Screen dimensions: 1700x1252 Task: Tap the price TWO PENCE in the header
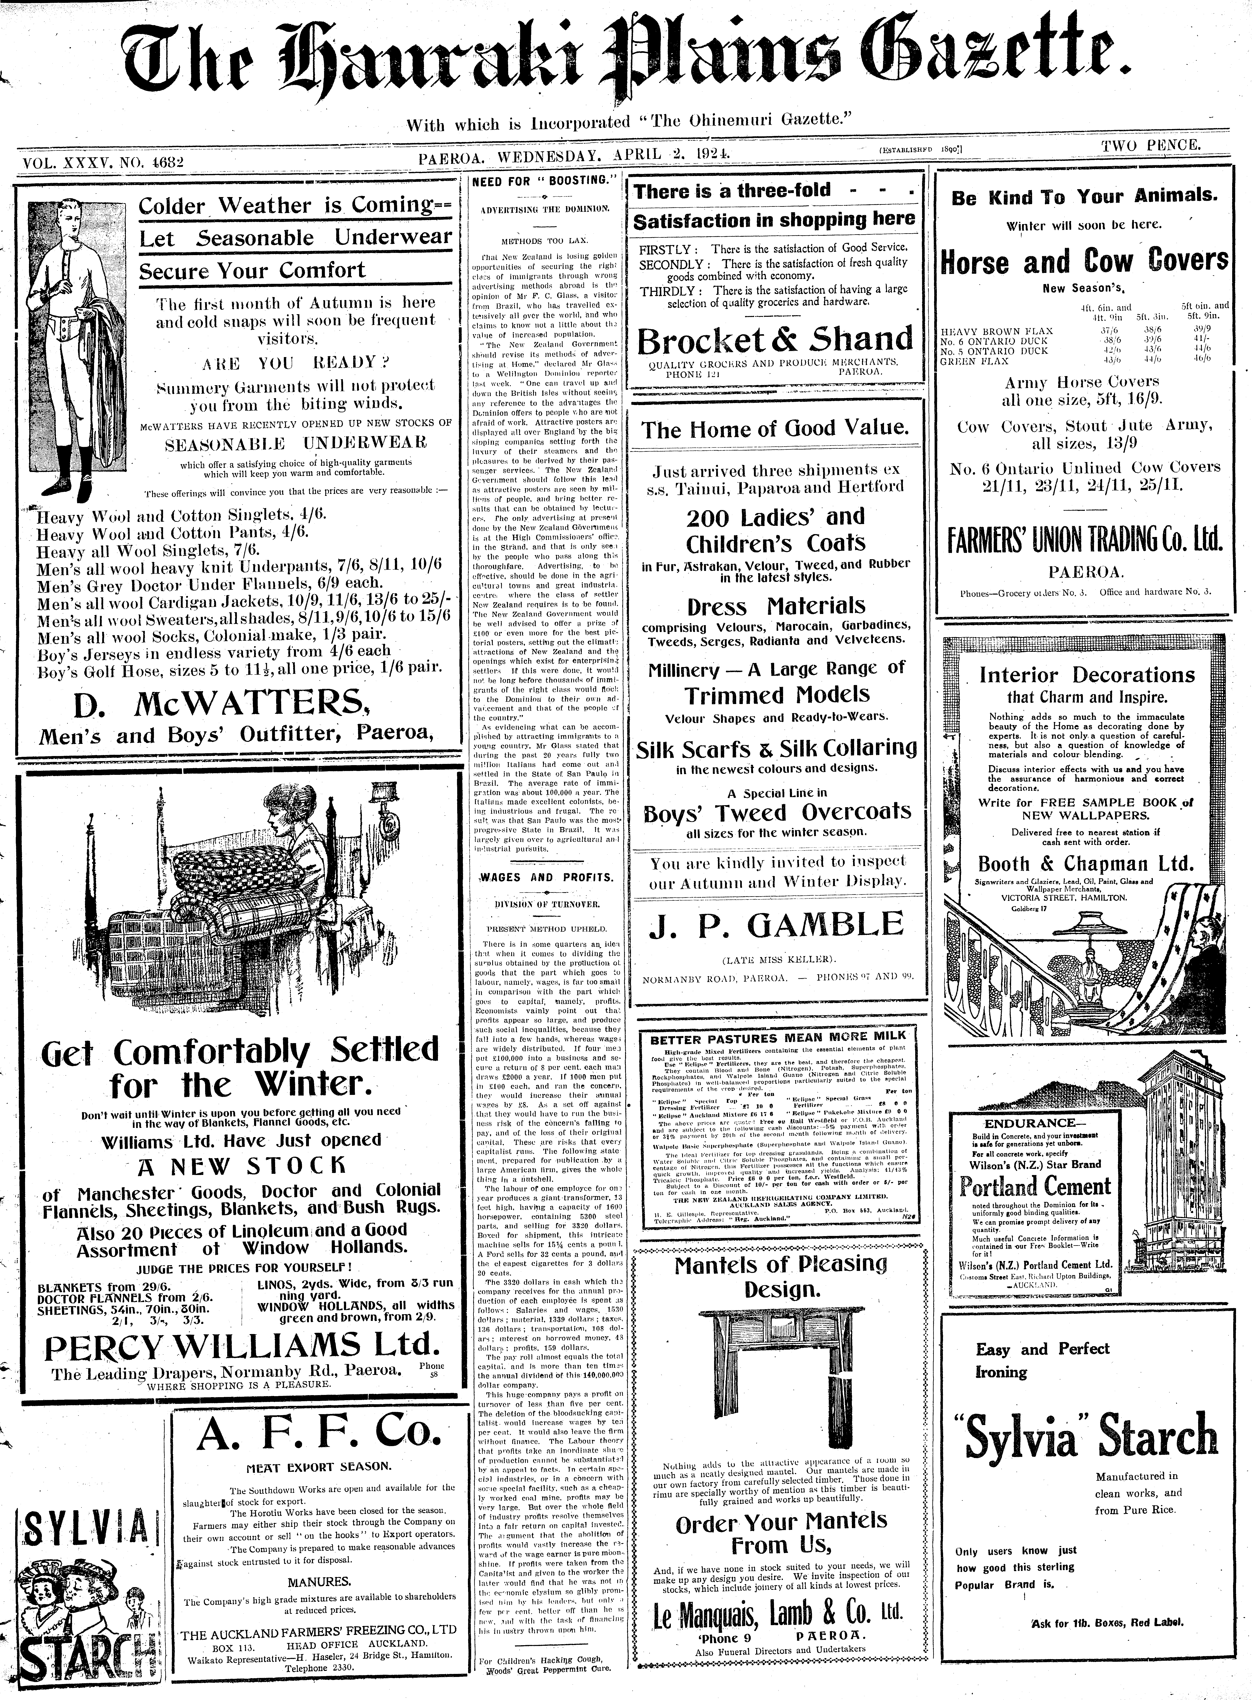pyautogui.click(x=1151, y=145)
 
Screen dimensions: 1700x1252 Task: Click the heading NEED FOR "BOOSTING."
pyautogui.click(x=544, y=182)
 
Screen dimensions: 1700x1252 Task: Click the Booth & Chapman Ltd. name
pyautogui.click(x=1085, y=863)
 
